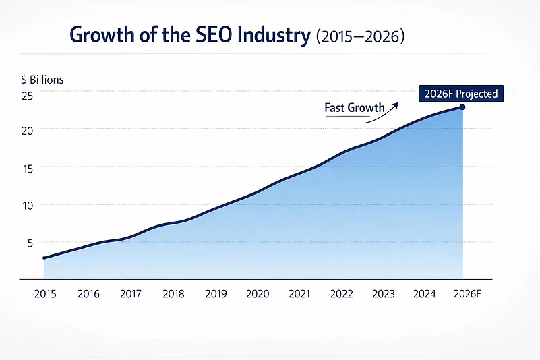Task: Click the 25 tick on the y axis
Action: coord(27,96)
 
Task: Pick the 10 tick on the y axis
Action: coord(27,205)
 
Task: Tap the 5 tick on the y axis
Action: coord(30,243)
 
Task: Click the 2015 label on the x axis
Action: coord(45,294)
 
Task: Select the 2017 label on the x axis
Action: coord(130,294)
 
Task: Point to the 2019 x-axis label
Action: coord(215,294)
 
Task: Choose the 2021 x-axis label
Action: coord(300,294)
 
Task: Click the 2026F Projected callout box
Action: coord(461,94)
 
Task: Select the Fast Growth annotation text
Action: coord(354,108)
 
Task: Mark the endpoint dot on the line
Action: coord(462,107)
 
